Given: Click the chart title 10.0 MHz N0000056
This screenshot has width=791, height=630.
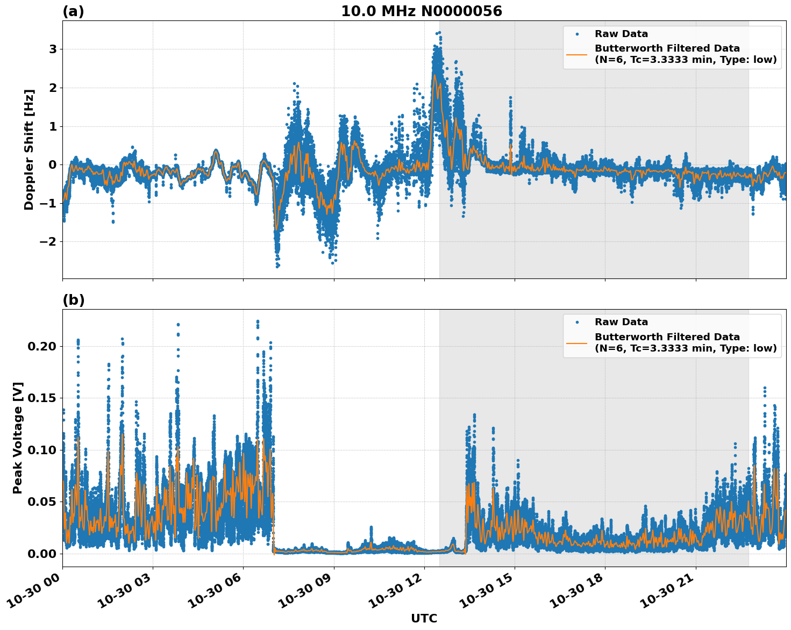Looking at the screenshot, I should pyautogui.click(x=421, y=11).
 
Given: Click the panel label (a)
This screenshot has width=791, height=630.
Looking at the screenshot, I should pyautogui.click(x=73, y=11).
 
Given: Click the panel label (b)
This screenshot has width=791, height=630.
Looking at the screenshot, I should pyautogui.click(x=73, y=300).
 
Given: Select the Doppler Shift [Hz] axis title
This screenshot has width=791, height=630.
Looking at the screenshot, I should pyautogui.click(x=29, y=149).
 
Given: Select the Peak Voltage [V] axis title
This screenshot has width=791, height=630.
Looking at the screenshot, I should pyautogui.click(x=18, y=438).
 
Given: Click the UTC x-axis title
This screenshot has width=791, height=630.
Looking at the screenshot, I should pyautogui.click(x=424, y=618).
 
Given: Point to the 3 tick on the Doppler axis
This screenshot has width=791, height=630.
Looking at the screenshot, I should pyautogui.click(x=53, y=49).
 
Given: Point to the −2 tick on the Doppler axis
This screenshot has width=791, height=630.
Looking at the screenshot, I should pyautogui.click(x=48, y=241).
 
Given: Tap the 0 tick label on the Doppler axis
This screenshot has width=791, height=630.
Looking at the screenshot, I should pyautogui.click(x=53, y=164).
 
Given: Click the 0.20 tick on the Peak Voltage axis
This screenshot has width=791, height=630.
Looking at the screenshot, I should pyautogui.click(x=42, y=346).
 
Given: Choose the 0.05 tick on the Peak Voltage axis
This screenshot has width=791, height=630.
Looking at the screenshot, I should pyautogui.click(x=42, y=502).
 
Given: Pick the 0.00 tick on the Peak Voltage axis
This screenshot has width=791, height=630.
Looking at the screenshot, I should pyautogui.click(x=42, y=554).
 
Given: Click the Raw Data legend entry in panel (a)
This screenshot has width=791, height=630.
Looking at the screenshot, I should pyautogui.click(x=621, y=34).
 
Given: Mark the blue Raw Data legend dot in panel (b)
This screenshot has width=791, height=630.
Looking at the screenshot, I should pyautogui.click(x=577, y=322).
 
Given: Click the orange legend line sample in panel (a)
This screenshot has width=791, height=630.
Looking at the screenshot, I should pyautogui.click(x=577, y=54).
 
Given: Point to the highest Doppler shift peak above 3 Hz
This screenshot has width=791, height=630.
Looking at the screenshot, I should pyautogui.click(x=439, y=33).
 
